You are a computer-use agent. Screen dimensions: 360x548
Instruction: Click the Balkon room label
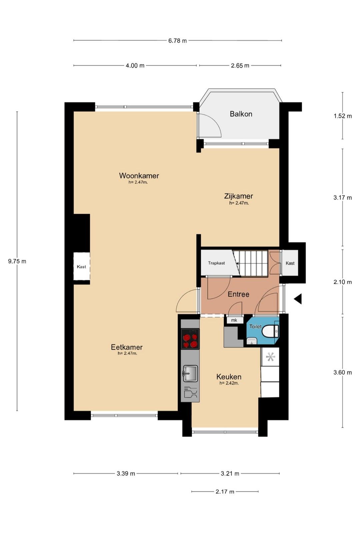coord(241,114)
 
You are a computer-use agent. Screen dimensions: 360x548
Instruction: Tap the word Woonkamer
coord(139,176)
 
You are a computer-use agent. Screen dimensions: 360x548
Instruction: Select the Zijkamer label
coord(238,196)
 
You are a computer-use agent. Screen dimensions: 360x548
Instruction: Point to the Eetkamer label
coord(127,347)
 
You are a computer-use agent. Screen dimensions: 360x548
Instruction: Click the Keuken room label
coord(229,377)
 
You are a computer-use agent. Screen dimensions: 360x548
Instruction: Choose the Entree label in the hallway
coord(238,294)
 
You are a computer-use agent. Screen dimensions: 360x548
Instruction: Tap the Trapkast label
coord(216,263)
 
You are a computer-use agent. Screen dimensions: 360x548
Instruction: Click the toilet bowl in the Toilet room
coord(270,331)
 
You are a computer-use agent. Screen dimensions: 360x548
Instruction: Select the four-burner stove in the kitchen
coord(190,339)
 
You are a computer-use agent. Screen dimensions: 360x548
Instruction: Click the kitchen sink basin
coord(191,373)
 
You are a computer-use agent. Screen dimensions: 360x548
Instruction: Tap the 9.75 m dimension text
coord(17,261)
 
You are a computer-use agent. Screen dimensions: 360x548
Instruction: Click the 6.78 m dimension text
coord(178,41)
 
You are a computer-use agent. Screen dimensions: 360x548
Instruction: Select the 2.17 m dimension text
coord(225,491)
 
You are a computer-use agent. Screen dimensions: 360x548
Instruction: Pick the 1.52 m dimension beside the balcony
coord(343,116)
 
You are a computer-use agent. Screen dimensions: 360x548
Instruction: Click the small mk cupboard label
coord(234,320)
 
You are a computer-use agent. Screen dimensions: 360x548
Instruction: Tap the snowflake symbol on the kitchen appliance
coord(270,357)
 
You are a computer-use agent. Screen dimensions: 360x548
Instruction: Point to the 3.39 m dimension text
coord(126,474)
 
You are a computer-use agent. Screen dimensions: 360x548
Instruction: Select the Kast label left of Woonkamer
coord(81,267)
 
